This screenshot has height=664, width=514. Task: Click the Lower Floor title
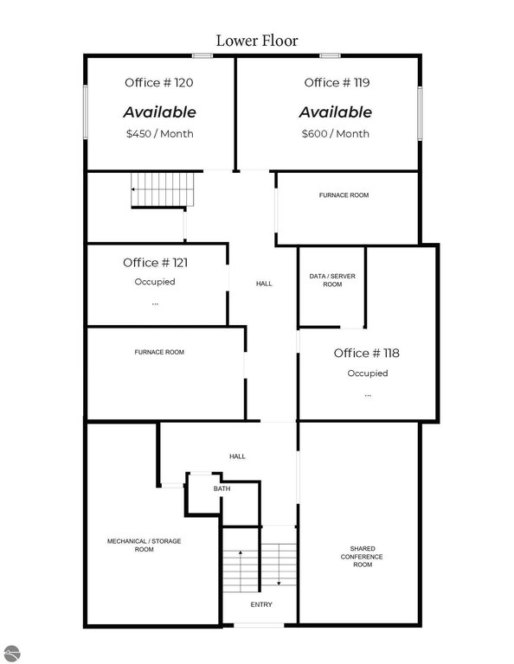click(257, 41)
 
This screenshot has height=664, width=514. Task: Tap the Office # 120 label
click(159, 83)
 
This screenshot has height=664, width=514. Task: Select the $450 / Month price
click(160, 134)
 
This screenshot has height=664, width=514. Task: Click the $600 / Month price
click(335, 134)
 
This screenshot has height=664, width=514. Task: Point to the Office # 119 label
click(337, 83)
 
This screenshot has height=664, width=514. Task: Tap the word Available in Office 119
click(335, 112)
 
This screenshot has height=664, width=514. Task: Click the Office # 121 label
click(155, 263)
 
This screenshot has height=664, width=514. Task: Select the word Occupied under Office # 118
click(368, 373)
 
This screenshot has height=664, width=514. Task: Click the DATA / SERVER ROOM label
click(332, 280)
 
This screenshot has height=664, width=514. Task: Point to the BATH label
click(222, 488)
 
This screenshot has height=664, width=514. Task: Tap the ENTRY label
click(261, 604)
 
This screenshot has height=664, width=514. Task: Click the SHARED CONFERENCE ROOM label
click(362, 557)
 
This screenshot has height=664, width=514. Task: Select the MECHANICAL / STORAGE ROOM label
click(144, 545)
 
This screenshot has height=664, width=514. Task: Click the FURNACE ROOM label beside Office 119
click(344, 195)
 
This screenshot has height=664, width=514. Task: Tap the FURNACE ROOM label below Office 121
click(159, 352)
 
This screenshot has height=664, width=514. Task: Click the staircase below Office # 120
click(163, 189)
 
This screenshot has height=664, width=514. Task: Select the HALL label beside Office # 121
click(264, 284)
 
